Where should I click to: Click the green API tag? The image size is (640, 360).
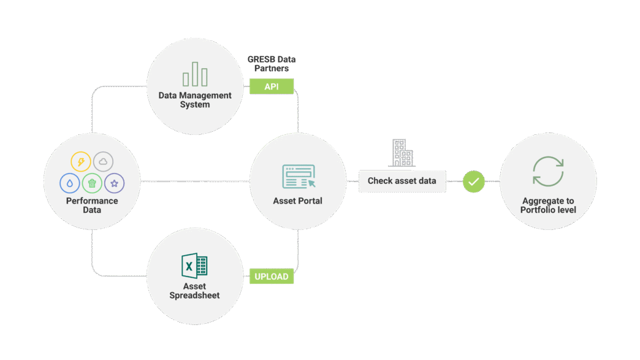point(272,86)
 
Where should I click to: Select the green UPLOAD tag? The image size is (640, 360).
point(272,277)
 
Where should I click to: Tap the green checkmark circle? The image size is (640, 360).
point(473,182)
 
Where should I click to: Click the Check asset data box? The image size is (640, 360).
point(402,181)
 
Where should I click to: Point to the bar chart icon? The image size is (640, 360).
point(195,74)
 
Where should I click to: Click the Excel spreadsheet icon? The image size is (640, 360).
point(194,266)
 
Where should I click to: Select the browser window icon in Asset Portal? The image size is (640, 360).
point(299,177)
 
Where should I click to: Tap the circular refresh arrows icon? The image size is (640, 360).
point(548,171)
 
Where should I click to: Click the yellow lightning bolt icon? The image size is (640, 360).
point(81,162)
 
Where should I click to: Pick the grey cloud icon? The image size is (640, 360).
point(103,162)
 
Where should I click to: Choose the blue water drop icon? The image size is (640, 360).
point(70,183)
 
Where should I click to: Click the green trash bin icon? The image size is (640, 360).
point(92,183)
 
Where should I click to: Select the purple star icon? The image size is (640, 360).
point(114,183)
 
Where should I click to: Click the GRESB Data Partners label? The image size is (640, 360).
point(272,64)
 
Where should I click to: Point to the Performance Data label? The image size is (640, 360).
point(92,205)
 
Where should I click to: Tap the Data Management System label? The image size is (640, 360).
point(195,100)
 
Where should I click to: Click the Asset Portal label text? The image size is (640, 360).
point(297,201)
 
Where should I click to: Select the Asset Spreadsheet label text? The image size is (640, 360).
point(194,291)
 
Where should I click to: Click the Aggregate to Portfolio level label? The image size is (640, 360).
point(548,205)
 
